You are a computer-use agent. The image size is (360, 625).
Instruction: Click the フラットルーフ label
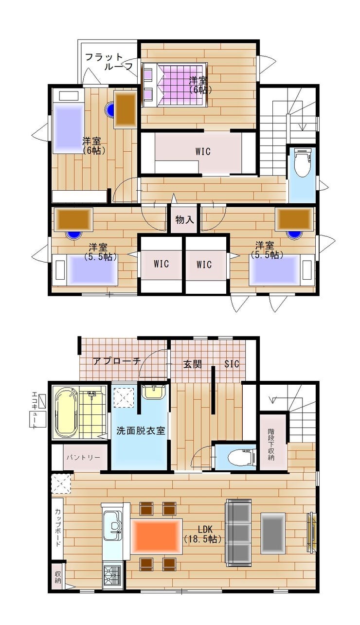108,61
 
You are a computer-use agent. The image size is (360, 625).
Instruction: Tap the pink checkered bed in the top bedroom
175,85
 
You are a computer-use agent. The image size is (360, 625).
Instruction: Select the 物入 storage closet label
184,220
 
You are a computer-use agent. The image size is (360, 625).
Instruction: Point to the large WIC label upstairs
203,151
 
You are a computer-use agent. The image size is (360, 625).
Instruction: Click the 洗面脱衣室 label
141,431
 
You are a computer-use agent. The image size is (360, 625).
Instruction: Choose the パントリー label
83,458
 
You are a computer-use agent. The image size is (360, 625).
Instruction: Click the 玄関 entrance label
192,364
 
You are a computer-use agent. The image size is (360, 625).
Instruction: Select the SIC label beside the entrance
232,364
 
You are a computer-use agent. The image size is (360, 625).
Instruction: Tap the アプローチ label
117,361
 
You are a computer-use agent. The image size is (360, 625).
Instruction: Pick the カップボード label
58,528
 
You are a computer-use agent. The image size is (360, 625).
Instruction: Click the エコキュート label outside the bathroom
35,410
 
